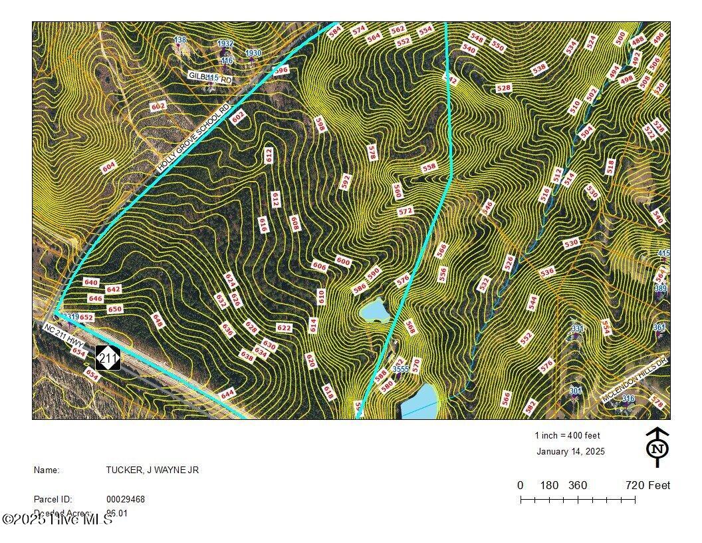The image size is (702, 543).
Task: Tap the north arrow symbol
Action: (x=657, y=447)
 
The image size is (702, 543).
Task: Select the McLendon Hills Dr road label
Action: (x=634, y=387)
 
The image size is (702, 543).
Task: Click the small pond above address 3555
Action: (x=374, y=310)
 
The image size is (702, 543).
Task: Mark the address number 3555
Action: (x=400, y=369)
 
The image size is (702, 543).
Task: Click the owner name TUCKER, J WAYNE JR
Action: (x=152, y=470)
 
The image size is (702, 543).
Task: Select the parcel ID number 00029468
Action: (x=126, y=498)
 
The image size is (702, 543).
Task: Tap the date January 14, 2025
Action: (x=570, y=451)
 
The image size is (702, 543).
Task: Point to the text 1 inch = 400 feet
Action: (x=567, y=435)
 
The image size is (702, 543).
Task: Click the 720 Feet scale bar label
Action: (x=647, y=485)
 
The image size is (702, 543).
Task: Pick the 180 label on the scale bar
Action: (x=549, y=485)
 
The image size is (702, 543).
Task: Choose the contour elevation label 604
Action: (x=109, y=167)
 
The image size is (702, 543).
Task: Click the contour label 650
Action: (x=115, y=309)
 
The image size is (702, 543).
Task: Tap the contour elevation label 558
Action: (x=429, y=168)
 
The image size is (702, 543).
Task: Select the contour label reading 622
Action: (x=284, y=327)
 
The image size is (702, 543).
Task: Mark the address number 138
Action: (x=179, y=40)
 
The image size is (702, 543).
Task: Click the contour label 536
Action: (x=547, y=271)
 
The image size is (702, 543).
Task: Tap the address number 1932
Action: (x=225, y=43)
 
